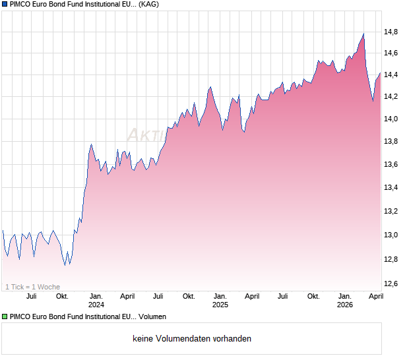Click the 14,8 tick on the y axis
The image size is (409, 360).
click(x=391, y=31)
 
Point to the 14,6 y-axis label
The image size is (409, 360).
click(x=391, y=53)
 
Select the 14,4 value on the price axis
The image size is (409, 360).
click(x=391, y=75)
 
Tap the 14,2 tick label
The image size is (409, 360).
click(x=391, y=97)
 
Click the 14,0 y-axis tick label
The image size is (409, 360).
click(x=391, y=119)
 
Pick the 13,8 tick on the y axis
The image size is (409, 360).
click(x=391, y=142)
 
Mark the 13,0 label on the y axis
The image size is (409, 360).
click(x=391, y=235)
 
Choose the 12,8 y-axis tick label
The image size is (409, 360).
click(x=391, y=260)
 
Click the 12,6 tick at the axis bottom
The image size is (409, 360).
click(x=391, y=284)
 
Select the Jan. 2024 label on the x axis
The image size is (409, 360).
click(x=96, y=300)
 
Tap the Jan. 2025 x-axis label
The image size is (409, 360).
click(x=220, y=300)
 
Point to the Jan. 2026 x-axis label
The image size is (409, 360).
click(x=344, y=300)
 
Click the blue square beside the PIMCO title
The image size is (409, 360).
click(x=5, y=4)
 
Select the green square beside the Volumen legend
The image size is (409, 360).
click(x=5, y=317)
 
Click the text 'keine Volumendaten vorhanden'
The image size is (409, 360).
click(x=191, y=339)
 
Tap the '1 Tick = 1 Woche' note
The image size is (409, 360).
click(x=33, y=287)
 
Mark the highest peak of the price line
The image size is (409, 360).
click(x=363, y=34)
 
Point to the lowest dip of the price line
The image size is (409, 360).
click(x=65, y=265)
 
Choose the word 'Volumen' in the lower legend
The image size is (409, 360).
click(x=152, y=317)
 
